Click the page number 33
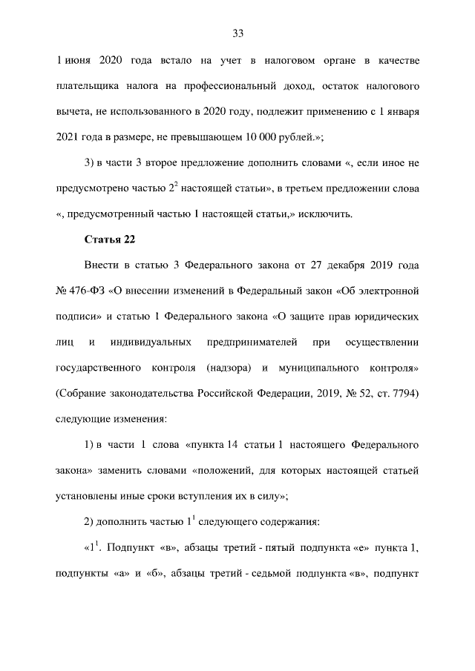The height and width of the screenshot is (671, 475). pyautogui.click(x=238, y=33)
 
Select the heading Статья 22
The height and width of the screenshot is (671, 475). pyautogui.click(x=110, y=238)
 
